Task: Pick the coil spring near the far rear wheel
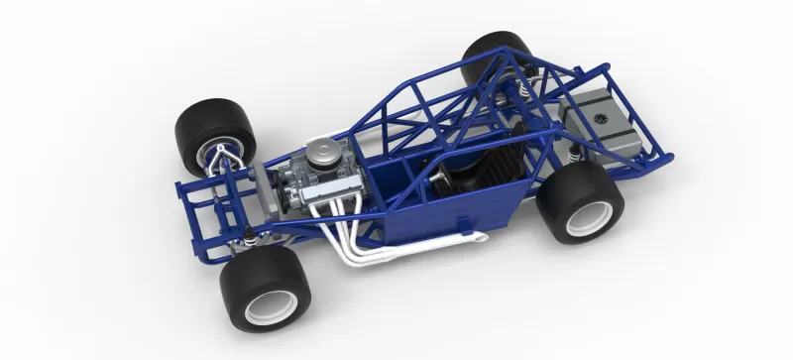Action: coord(516,93)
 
